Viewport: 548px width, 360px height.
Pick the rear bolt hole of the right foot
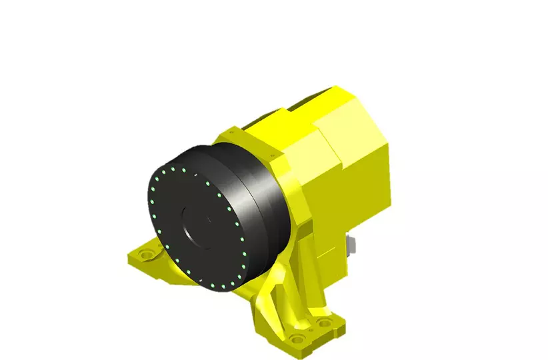325,323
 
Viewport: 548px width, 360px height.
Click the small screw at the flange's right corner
274,155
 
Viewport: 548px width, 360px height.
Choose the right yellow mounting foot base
307,333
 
